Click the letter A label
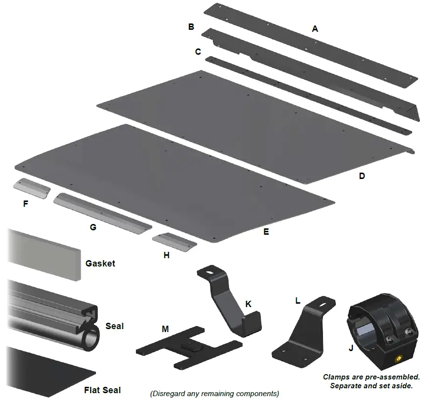click(315, 29)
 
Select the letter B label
click(191, 27)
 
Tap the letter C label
click(198, 52)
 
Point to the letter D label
click(362, 176)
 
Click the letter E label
click(266, 232)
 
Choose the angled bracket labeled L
click(308, 333)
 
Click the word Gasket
click(100, 264)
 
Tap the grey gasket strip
click(44, 254)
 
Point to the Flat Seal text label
click(102, 390)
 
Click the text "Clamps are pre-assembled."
click(371, 377)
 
